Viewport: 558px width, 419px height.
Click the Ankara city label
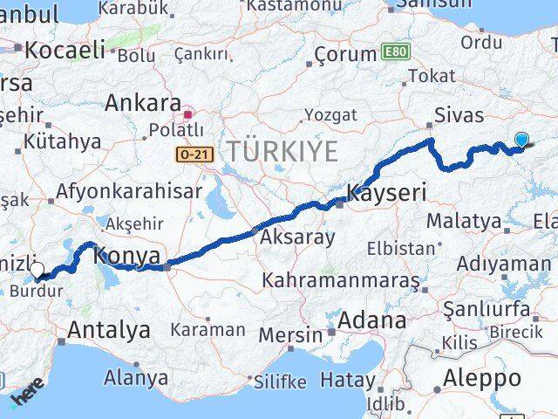(143, 103)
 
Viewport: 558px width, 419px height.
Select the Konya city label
(126, 257)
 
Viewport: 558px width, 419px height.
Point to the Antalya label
(108, 330)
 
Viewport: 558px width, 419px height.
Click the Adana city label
(373, 319)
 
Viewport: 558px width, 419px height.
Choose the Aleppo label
(482, 378)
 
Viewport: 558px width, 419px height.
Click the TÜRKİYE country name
(282, 151)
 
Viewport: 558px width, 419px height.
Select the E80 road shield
(392, 52)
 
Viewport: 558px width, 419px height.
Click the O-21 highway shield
(189, 155)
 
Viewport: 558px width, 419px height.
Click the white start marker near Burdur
(37, 270)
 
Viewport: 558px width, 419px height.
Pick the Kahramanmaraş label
(341, 281)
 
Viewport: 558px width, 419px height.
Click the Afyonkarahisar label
(129, 191)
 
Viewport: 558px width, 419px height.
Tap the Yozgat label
(330, 115)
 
